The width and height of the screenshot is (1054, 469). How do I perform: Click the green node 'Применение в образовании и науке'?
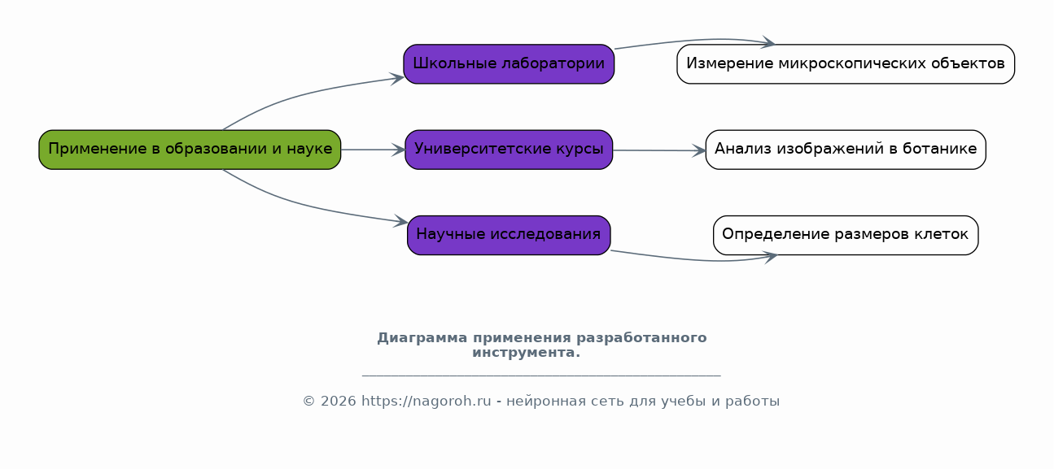coord(190,150)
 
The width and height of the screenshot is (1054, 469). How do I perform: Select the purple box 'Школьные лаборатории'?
coord(509,64)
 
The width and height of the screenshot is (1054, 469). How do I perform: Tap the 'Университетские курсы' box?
coord(509,150)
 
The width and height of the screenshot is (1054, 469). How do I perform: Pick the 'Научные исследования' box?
coord(509,236)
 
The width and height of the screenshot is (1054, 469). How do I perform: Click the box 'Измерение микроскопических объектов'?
coord(846,64)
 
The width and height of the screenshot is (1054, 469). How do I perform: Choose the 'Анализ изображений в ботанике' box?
coord(846,150)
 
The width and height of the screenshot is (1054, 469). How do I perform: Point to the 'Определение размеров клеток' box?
coord(846,236)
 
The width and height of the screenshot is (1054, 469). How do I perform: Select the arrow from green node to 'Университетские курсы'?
coord(373,150)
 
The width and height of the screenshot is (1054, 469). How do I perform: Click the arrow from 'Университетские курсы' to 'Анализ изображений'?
coord(658,150)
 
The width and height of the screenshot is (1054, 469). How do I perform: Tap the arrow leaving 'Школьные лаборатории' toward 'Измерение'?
coord(694,41)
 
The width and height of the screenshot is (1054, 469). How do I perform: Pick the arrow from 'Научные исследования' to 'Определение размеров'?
coord(694,258)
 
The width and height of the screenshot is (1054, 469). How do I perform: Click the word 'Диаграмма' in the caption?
coord(422,338)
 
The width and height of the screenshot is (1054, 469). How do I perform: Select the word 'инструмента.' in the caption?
coord(526,353)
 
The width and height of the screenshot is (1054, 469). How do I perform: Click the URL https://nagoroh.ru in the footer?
coord(426,401)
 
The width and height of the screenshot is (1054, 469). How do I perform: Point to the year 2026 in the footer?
coord(339,401)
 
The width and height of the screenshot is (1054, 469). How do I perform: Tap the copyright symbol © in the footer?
coord(308,401)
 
